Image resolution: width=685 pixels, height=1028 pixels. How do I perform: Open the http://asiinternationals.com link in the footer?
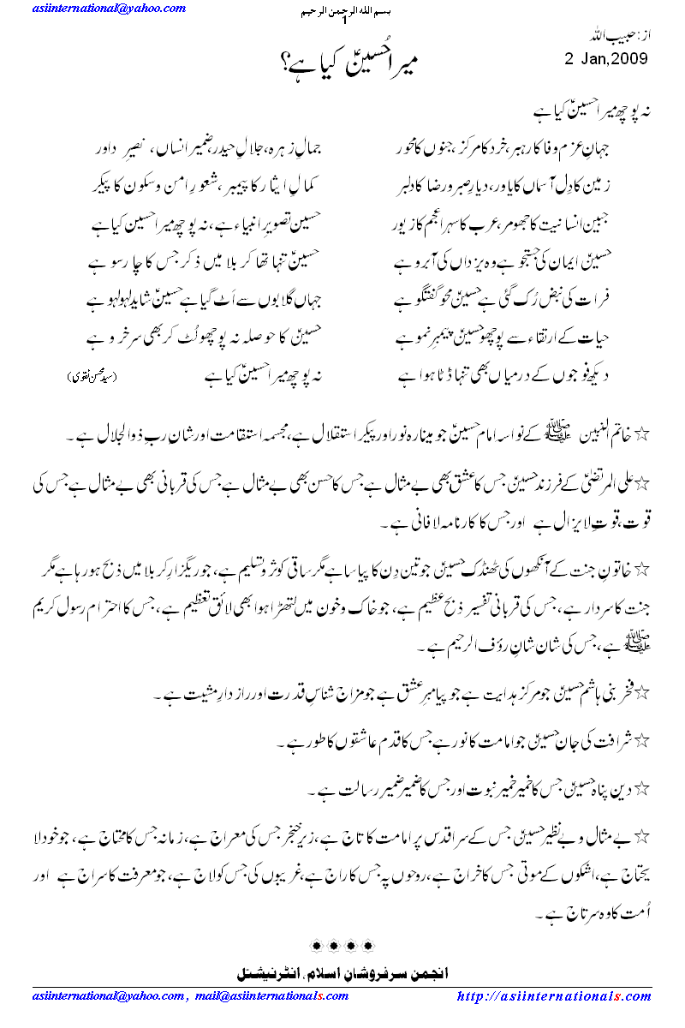(x=554, y=996)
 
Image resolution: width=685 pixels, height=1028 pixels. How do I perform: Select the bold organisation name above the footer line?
(x=346, y=973)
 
